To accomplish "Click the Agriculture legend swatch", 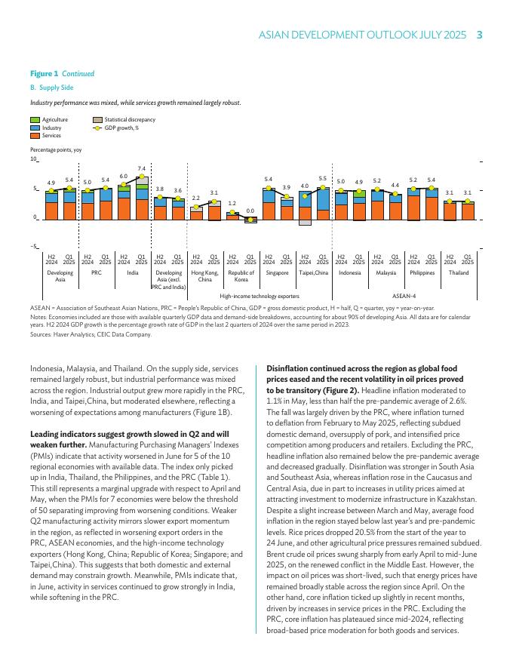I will coord(35,120).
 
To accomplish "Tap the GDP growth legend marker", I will coord(98,128).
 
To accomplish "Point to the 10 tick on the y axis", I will coord(33,159).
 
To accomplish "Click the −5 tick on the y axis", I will coord(33,247).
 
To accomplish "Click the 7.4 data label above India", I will coord(141,168).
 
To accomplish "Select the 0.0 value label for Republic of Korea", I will coord(250,211).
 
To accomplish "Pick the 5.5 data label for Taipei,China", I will coord(322,177).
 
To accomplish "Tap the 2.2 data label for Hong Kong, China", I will coord(195,198).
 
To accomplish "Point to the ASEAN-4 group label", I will coord(404,297).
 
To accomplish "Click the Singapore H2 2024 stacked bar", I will coord(268,204).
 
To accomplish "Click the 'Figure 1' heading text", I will coord(44,74).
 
